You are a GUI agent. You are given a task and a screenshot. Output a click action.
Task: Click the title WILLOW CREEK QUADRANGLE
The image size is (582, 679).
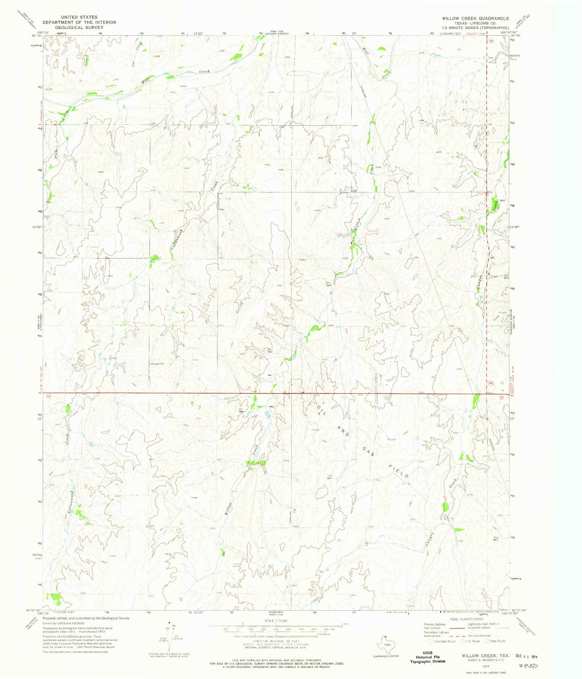click(476, 19)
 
